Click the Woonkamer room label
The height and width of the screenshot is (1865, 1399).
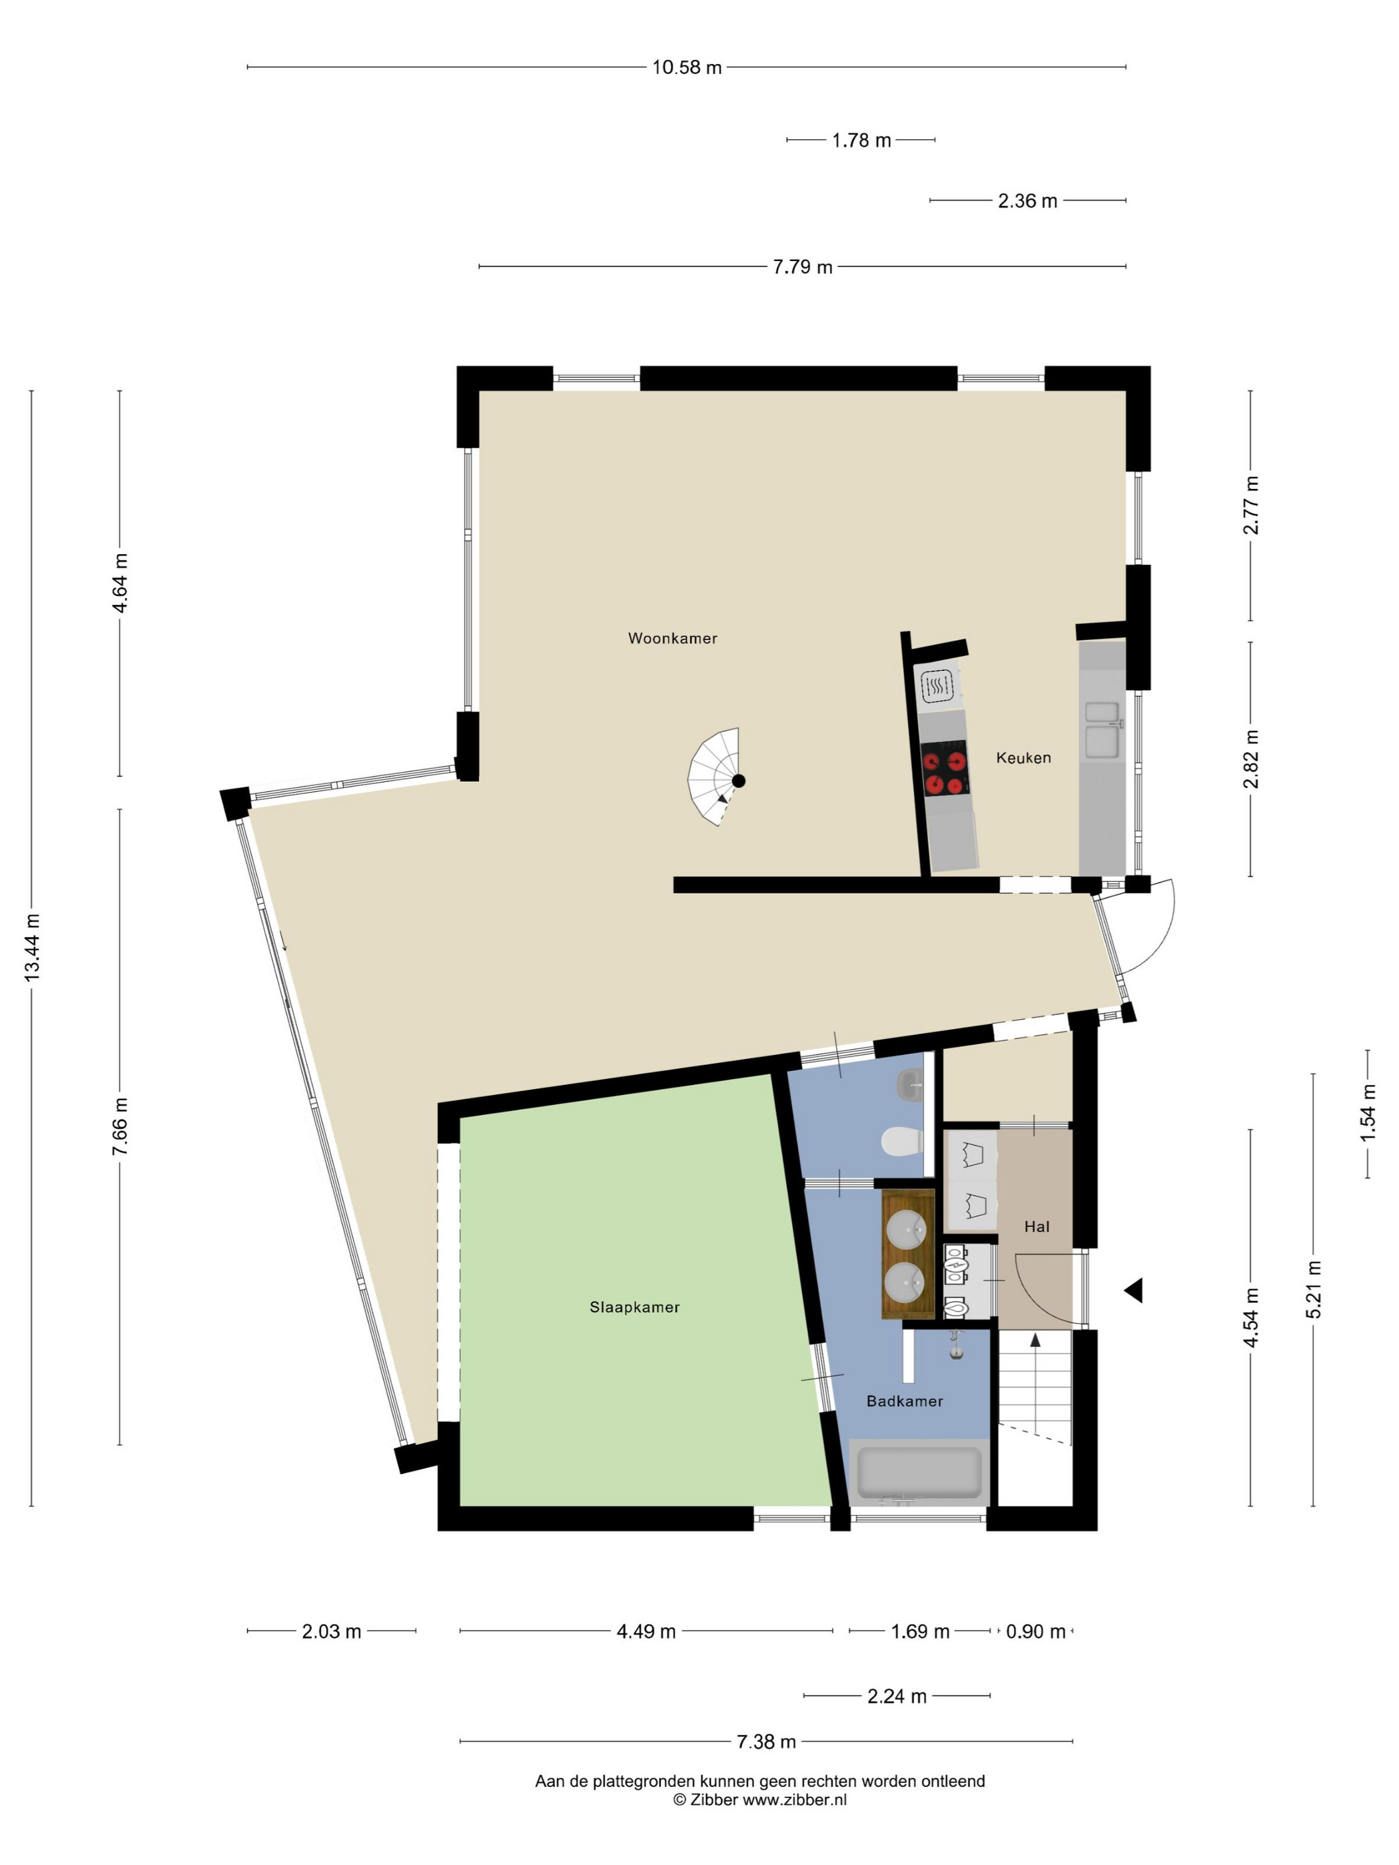tap(672, 638)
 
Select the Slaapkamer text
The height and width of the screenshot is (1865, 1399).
tap(634, 1307)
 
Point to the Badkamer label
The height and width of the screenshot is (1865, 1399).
tap(904, 1401)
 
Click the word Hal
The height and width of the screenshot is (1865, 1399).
tap(1037, 1227)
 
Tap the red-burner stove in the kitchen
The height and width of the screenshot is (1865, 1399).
tap(943, 768)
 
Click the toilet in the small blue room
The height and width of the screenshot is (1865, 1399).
tap(902, 1142)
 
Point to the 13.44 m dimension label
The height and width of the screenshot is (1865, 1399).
tap(32, 947)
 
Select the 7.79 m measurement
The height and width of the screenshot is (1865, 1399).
tap(802, 266)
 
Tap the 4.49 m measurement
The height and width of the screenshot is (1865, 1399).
tap(646, 1631)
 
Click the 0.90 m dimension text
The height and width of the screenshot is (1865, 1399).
tap(1035, 1631)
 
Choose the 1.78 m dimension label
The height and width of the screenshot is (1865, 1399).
tap(861, 140)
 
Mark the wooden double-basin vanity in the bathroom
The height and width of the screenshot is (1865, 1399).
tap(908, 1254)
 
